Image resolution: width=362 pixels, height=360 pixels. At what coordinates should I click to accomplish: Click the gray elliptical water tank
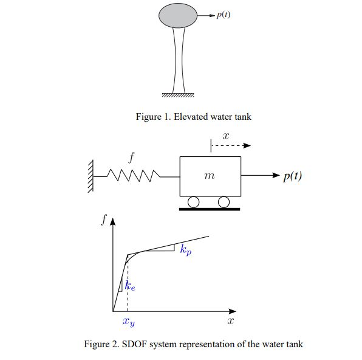click(178, 16)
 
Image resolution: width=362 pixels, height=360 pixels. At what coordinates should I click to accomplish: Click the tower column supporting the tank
click(178, 61)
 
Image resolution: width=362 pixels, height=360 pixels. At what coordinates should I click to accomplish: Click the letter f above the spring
click(132, 157)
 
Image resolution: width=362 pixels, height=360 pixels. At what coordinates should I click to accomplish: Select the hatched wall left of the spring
click(90, 176)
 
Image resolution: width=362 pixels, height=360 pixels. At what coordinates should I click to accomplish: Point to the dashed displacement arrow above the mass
click(231, 146)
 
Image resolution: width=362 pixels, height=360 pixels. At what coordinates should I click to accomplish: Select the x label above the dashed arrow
click(225, 133)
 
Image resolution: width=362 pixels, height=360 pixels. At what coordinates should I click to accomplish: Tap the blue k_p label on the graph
click(185, 250)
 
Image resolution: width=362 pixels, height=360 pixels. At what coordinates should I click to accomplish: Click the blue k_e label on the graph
click(130, 286)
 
